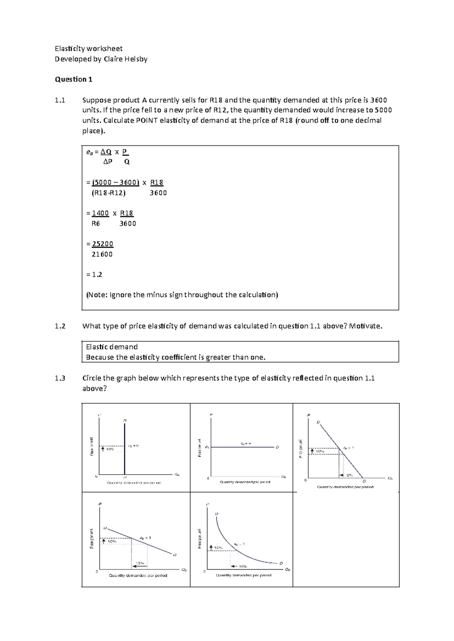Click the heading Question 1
point(74,79)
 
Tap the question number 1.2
point(60,326)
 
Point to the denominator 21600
point(102,254)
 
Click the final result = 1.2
point(95,275)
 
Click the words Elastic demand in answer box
point(112,347)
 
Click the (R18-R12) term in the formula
point(109,193)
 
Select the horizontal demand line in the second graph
point(242,447)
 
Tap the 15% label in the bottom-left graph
point(140,563)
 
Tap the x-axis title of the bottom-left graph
point(138,576)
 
